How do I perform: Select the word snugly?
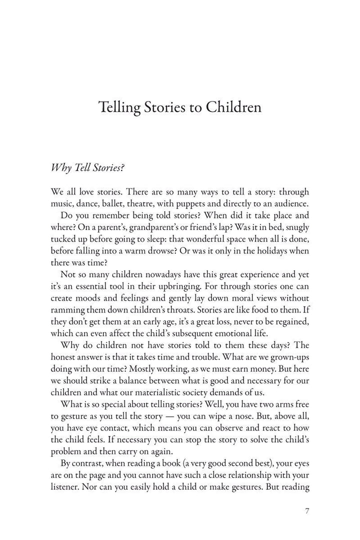pyautogui.click(x=295, y=226)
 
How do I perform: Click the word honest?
pyautogui.click(x=64, y=357)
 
